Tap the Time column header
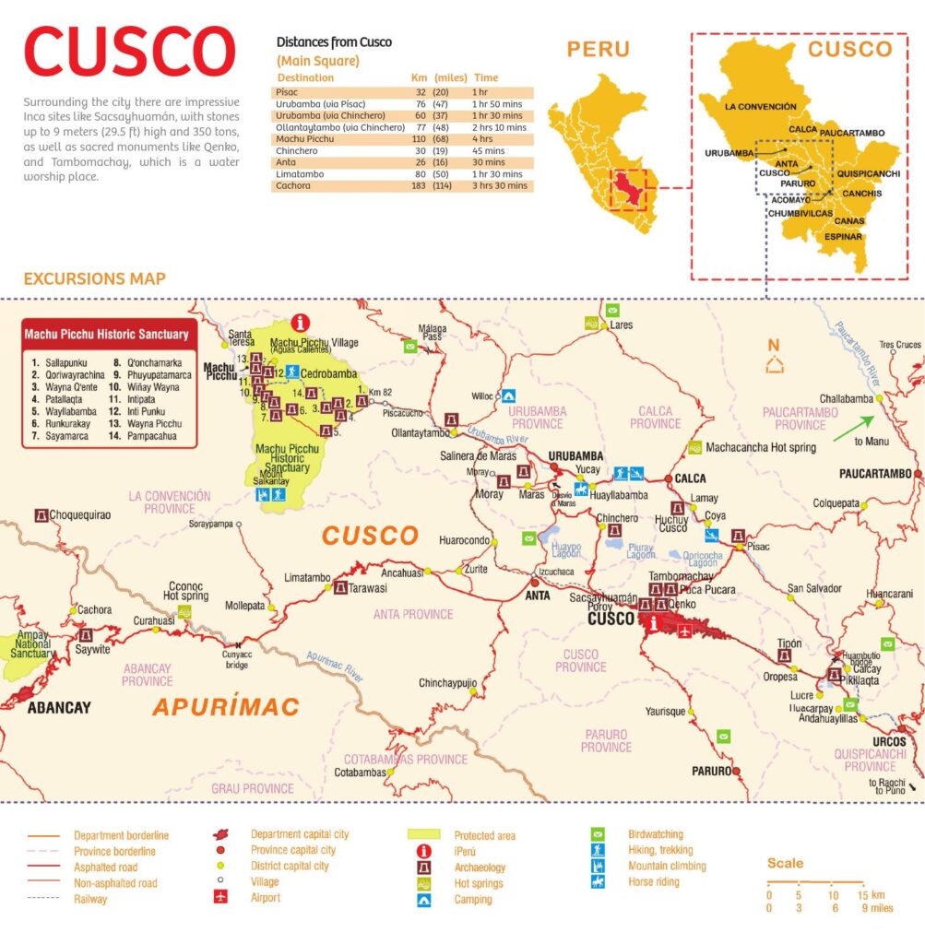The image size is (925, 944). (486, 78)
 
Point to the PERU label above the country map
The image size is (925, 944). (598, 50)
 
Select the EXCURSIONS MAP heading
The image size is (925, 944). (95, 278)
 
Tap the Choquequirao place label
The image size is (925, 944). (79, 514)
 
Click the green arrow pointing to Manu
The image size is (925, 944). (852, 429)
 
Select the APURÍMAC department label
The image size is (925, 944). (226, 707)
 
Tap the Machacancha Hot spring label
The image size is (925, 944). (760, 448)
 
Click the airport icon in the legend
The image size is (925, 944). (220, 898)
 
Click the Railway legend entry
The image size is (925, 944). (90, 899)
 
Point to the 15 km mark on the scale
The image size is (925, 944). (861, 895)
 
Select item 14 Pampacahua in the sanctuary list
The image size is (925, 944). (152, 436)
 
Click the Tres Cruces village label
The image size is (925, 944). (899, 345)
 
